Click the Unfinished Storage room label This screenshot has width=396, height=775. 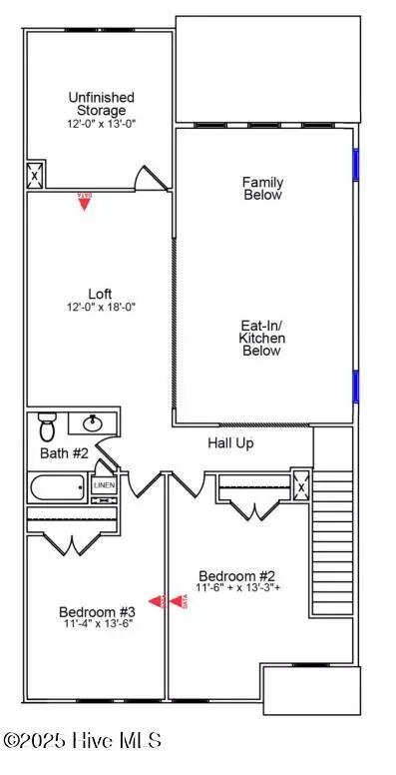click(101, 103)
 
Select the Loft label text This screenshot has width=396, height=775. click(99, 294)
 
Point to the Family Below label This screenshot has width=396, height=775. click(262, 189)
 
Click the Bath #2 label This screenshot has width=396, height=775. click(65, 453)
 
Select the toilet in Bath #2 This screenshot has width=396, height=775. click(45, 426)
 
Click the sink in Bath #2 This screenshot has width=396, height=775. click(93, 423)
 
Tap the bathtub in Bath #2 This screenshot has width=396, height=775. click(59, 489)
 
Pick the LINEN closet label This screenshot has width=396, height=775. click(104, 485)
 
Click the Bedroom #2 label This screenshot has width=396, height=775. click(235, 575)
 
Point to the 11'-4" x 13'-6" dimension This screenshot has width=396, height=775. click(96, 624)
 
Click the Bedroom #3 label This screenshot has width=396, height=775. click(96, 611)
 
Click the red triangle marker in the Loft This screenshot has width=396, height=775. click(85, 202)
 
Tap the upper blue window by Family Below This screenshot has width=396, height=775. click(354, 164)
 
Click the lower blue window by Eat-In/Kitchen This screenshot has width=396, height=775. click(354, 385)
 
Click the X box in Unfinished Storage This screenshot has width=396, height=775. click(35, 174)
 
